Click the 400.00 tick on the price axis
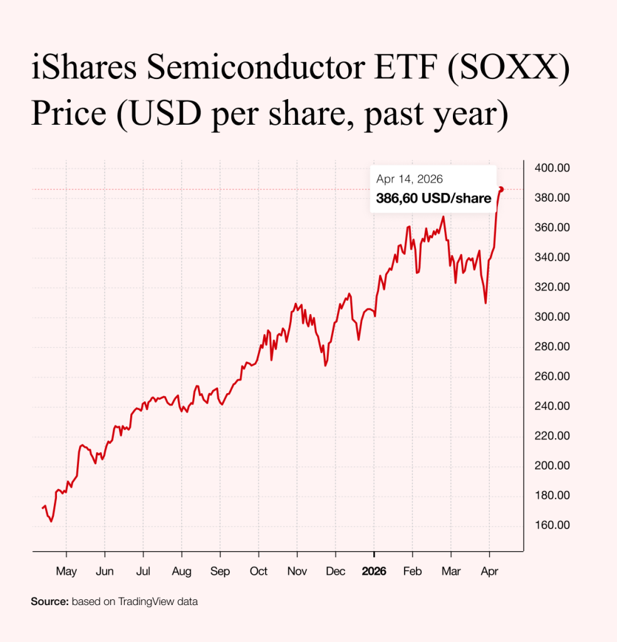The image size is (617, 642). [552, 168]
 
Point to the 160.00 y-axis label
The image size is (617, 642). [552, 525]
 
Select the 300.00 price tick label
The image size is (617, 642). [552, 317]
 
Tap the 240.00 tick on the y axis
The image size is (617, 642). [552, 406]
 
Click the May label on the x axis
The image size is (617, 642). [66, 572]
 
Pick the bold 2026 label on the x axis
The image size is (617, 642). [374, 572]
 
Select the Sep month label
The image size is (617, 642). [220, 572]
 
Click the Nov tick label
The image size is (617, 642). [297, 572]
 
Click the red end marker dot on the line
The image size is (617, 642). [501, 189]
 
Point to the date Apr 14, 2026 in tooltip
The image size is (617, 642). [410, 179]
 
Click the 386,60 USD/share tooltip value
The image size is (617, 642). [433, 199]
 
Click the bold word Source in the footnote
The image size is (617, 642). [49, 602]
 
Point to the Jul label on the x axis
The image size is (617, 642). [143, 572]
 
